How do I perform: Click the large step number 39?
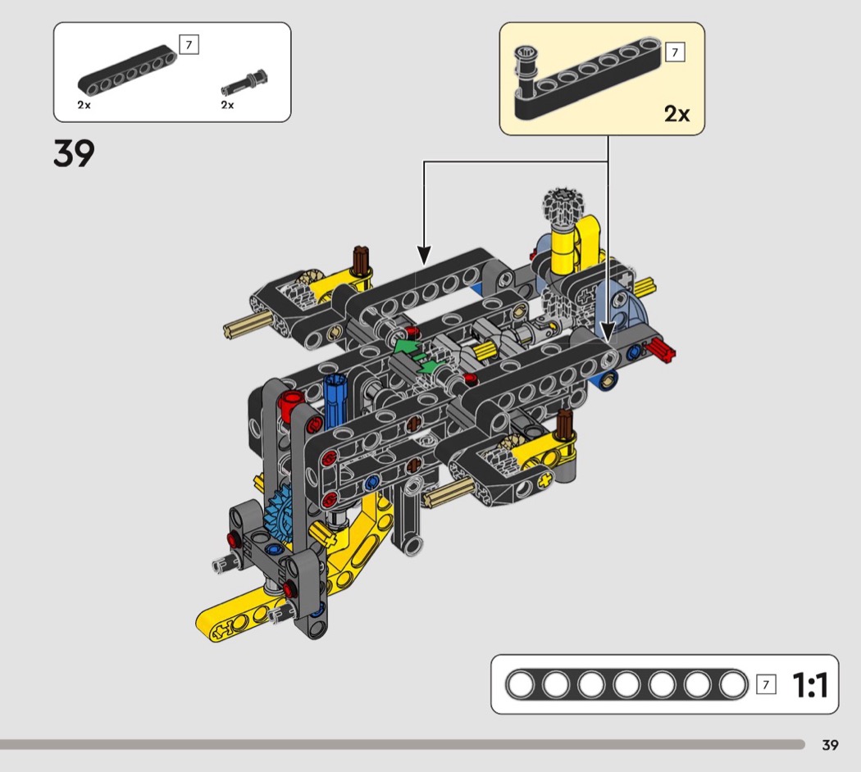[74, 153]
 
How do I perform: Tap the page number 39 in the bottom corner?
[830, 745]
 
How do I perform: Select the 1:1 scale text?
[810, 685]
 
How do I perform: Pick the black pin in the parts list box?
[244, 84]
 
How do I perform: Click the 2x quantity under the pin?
[227, 105]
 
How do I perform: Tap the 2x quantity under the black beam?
[84, 105]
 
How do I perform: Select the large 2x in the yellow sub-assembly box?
[676, 114]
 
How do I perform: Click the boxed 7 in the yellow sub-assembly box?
[675, 52]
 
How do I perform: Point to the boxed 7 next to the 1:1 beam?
[766, 684]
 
